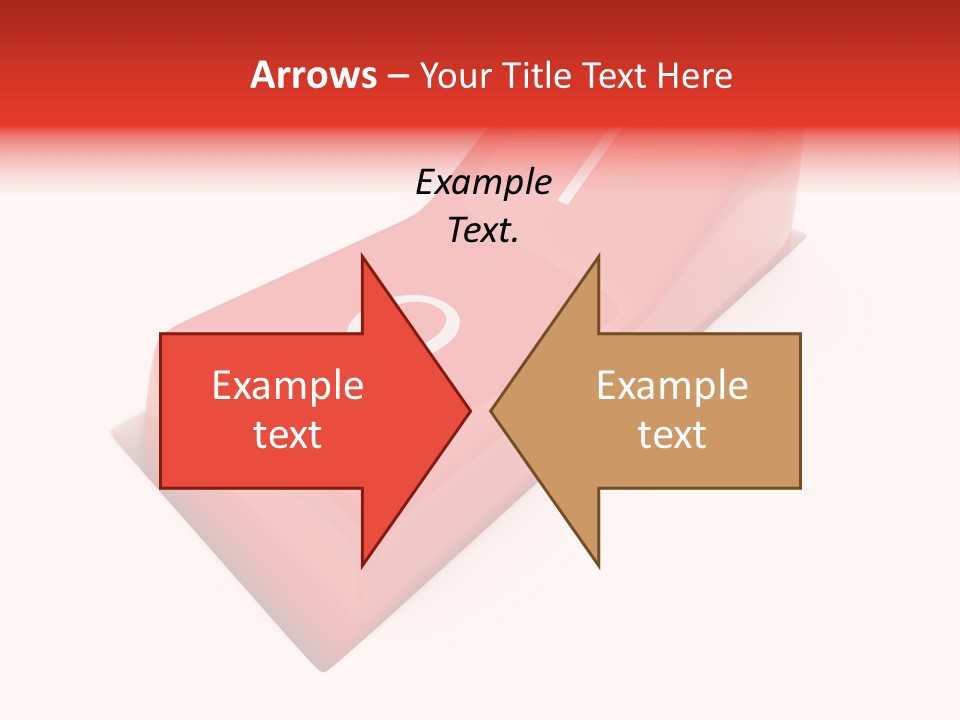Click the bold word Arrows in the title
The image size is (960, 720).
point(314,75)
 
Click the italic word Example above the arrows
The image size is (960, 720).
point(483,182)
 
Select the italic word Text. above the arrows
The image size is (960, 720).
point(483,230)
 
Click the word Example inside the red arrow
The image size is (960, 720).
point(287,386)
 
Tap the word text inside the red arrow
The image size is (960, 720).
point(287,434)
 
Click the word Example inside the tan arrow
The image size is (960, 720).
point(672,386)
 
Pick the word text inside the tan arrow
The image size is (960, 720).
point(672,434)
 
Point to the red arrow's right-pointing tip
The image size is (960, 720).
point(469,410)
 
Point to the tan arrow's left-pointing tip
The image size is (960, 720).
point(492,410)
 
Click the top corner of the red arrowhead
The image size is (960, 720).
point(363,258)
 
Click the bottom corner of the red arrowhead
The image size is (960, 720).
point(363,565)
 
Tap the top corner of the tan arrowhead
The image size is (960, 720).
point(598,258)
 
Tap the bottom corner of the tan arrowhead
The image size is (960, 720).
point(598,565)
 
